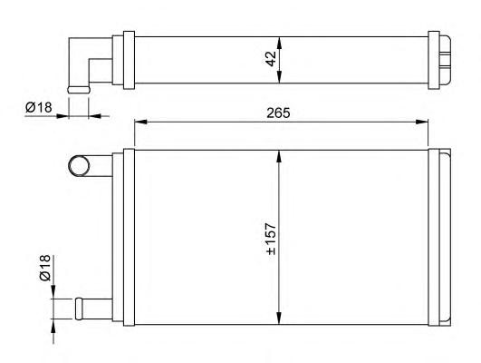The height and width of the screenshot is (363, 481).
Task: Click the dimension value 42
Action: coord(271,59)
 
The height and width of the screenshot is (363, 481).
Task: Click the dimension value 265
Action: coord(278,113)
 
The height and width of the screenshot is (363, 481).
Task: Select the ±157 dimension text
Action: coord(271,239)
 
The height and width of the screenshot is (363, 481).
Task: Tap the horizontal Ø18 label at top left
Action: coord(39,108)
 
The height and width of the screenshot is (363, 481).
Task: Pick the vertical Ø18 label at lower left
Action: coord(44,268)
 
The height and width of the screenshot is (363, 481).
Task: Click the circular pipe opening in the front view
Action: coord(79,166)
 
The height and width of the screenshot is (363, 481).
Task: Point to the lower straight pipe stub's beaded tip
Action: coord(79,309)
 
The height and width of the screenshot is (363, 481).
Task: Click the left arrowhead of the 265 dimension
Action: coord(140,122)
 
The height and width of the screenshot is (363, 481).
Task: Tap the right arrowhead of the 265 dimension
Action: coord(421,122)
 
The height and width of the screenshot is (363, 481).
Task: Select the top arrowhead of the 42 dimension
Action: coord(279,44)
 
